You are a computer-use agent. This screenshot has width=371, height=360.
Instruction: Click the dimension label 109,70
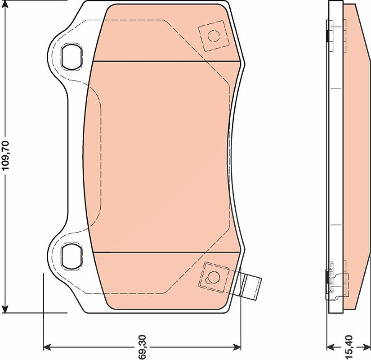[x=5, y=155]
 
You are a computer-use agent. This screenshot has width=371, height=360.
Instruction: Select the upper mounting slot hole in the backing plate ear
[x=72, y=57]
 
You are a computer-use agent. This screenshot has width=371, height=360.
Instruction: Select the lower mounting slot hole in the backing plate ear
[x=72, y=256]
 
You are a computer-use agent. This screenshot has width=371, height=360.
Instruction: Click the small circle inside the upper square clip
[x=214, y=36]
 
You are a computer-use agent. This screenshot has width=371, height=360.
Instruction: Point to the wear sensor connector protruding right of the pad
[x=251, y=286]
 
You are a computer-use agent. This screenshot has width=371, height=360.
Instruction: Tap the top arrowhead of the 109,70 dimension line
[x=5, y=5]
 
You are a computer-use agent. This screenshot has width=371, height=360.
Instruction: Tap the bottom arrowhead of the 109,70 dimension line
[x=5, y=308]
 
